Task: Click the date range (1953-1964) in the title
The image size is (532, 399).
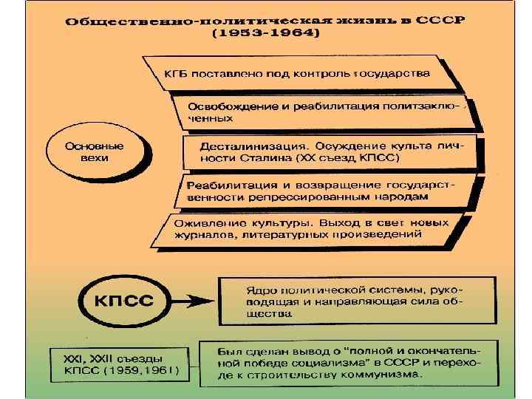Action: click(266, 35)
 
